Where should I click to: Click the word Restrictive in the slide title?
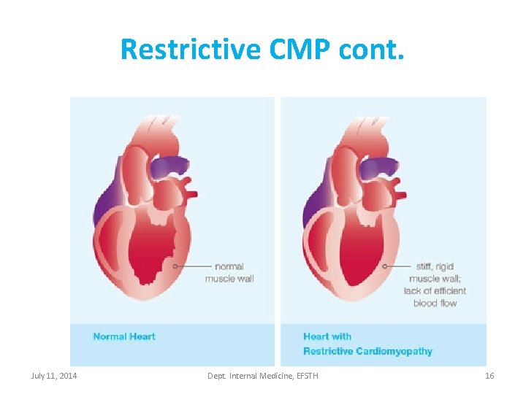pos(190,50)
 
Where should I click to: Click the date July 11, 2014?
pos(55,376)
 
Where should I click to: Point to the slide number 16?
pos(489,376)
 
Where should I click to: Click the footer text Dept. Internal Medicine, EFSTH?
pos(263,376)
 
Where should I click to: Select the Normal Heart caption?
pos(124,336)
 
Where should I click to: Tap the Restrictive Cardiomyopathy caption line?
pos(367,351)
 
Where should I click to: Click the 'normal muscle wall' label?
pos(229,272)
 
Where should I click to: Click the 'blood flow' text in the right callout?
pos(435,303)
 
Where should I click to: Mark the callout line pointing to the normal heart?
pos(194,266)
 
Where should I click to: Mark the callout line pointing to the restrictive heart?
pos(398,266)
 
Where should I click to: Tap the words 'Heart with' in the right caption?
pos(327,336)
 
